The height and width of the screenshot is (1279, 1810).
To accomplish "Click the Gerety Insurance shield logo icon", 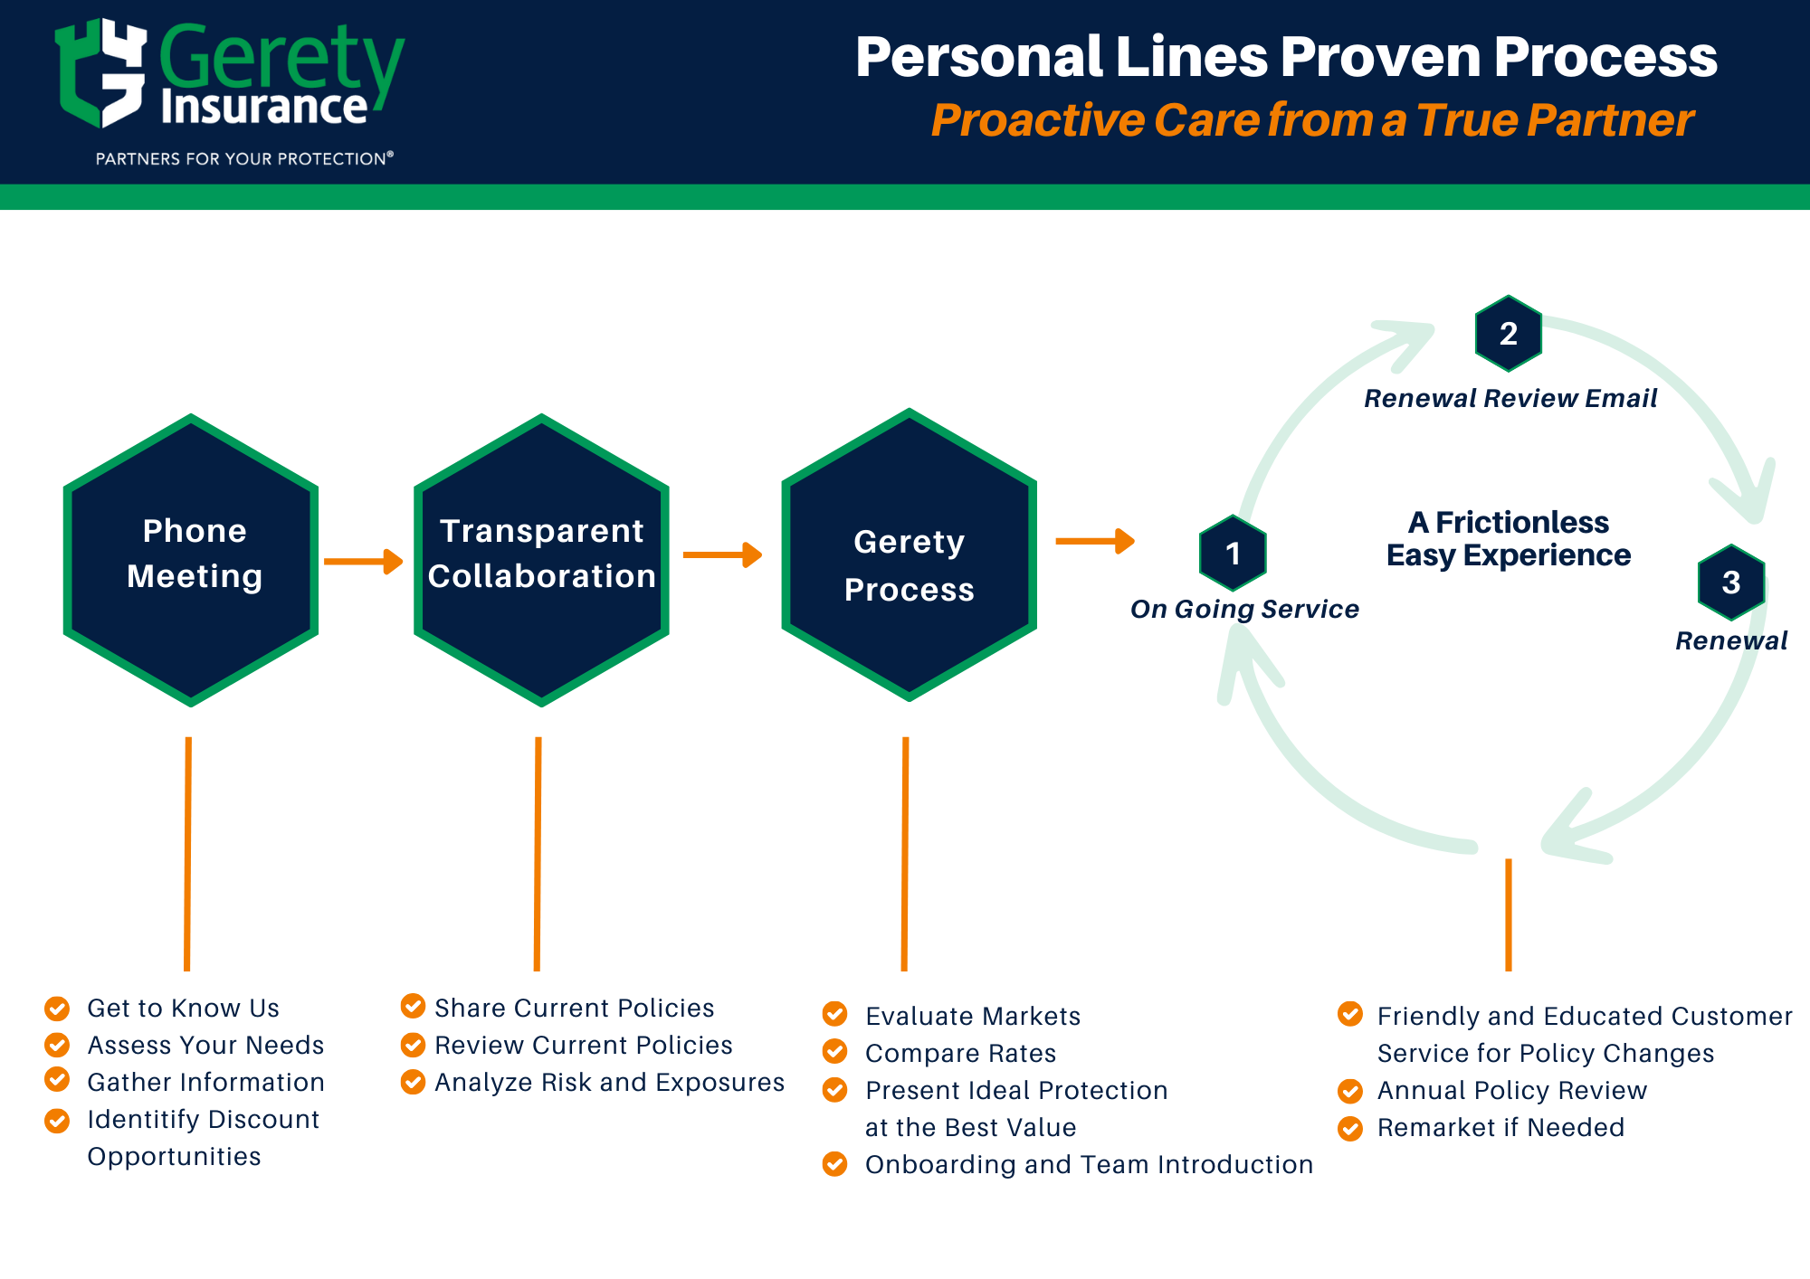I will (100, 72).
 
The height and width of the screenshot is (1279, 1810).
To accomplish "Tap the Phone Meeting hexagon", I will (191, 560).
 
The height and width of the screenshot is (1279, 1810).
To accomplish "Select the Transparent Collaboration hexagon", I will (541, 560).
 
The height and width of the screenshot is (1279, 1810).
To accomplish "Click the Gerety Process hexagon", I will (909, 555).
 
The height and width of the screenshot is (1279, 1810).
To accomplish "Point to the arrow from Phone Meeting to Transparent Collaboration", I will (363, 562).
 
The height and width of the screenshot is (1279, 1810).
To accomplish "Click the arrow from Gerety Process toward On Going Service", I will (1094, 541).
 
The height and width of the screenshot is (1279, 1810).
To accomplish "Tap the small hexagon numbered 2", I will (1508, 334).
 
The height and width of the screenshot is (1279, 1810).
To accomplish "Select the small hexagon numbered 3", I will (1730, 583).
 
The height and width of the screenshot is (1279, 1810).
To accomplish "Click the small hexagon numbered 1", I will (1233, 553).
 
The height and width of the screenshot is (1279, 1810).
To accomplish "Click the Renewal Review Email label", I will (1510, 398).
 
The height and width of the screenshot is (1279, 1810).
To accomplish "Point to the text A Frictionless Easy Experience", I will (1508, 538).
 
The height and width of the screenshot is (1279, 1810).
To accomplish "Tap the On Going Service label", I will (1244, 609).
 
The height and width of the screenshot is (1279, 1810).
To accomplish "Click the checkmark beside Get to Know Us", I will (57, 1008).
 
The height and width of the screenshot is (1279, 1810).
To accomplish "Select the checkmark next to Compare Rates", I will (834, 1052).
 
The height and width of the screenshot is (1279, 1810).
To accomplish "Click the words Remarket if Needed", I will (1500, 1127).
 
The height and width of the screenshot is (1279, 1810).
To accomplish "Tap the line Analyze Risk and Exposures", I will (609, 1082).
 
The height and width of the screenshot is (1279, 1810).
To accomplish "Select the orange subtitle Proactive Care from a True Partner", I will (1311, 120).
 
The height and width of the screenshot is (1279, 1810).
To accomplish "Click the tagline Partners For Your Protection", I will (243, 159).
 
